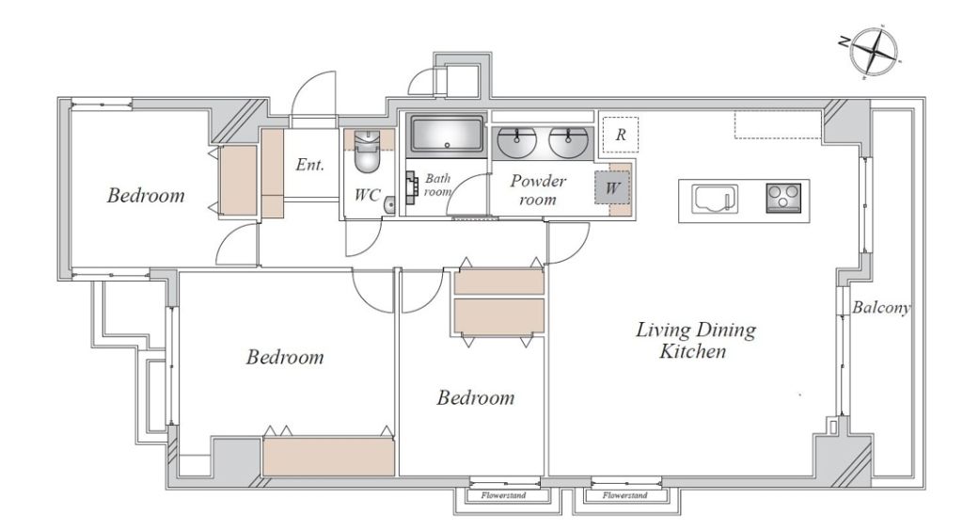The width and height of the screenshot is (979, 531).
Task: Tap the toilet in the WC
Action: click(x=367, y=151)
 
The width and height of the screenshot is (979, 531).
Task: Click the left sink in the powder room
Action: click(x=516, y=142)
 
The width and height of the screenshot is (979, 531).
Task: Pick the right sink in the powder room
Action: click(x=568, y=142)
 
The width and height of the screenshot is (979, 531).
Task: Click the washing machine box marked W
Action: click(x=612, y=186)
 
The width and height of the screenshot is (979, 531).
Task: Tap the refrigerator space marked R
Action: click(x=621, y=135)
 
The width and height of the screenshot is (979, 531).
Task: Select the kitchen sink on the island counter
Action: click(x=715, y=200)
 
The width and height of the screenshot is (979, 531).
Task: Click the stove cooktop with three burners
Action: click(x=783, y=198)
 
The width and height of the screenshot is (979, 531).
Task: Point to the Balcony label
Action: click(x=881, y=307)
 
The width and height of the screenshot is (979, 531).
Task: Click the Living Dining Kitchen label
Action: click(x=696, y=340)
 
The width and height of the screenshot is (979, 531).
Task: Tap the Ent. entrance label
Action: click(x=309, y=165)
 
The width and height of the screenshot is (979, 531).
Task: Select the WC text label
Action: click(x=367, y=195)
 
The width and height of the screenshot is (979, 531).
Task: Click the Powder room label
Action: click(x=538, y=190)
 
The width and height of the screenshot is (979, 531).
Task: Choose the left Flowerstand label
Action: click(x=503, y=495)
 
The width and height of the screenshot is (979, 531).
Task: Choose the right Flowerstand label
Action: click(x=625, y=495)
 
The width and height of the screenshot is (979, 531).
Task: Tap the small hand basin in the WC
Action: click(x=389, y=204)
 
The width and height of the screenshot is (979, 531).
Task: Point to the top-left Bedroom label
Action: click(x=146, y=196)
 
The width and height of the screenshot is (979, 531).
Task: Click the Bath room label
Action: click(x=437, y=185)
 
